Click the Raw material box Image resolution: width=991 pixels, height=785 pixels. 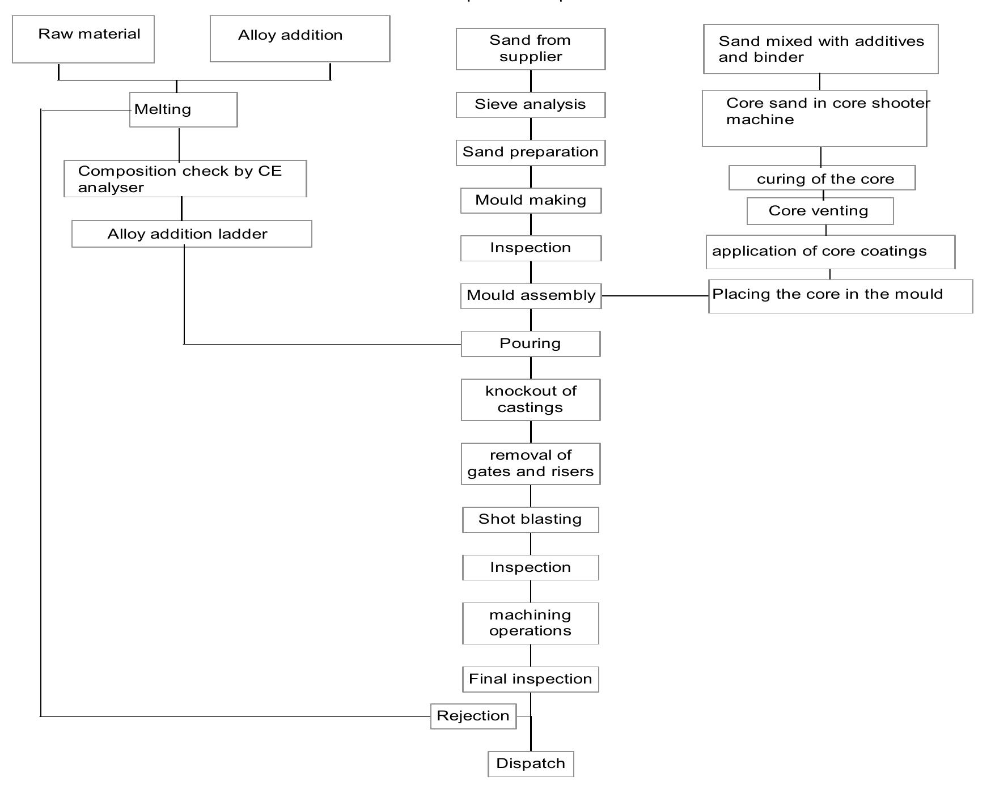point(83,39)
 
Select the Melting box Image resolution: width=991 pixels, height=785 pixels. point(183,109)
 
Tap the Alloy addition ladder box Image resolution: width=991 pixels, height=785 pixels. point(192,234)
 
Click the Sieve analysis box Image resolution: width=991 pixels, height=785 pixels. point(530,105)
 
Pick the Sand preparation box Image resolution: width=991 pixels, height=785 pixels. point(530,152)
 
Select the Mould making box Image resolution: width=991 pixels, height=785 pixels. point(530,200)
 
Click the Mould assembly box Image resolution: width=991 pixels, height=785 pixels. point(530,295)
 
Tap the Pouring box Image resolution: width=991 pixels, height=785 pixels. point(530,343)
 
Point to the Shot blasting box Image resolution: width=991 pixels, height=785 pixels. point(530,519)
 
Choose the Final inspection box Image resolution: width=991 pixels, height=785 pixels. point(530,679)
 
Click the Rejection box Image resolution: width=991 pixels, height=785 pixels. point(473,716)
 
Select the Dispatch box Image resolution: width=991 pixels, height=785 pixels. point(530,763)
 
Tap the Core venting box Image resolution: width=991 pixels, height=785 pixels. point(819,211)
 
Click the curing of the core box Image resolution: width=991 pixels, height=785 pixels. point(821,178)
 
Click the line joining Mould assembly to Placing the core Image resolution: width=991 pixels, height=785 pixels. point(655,296)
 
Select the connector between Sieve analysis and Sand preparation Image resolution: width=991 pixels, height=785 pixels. point(531,129)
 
